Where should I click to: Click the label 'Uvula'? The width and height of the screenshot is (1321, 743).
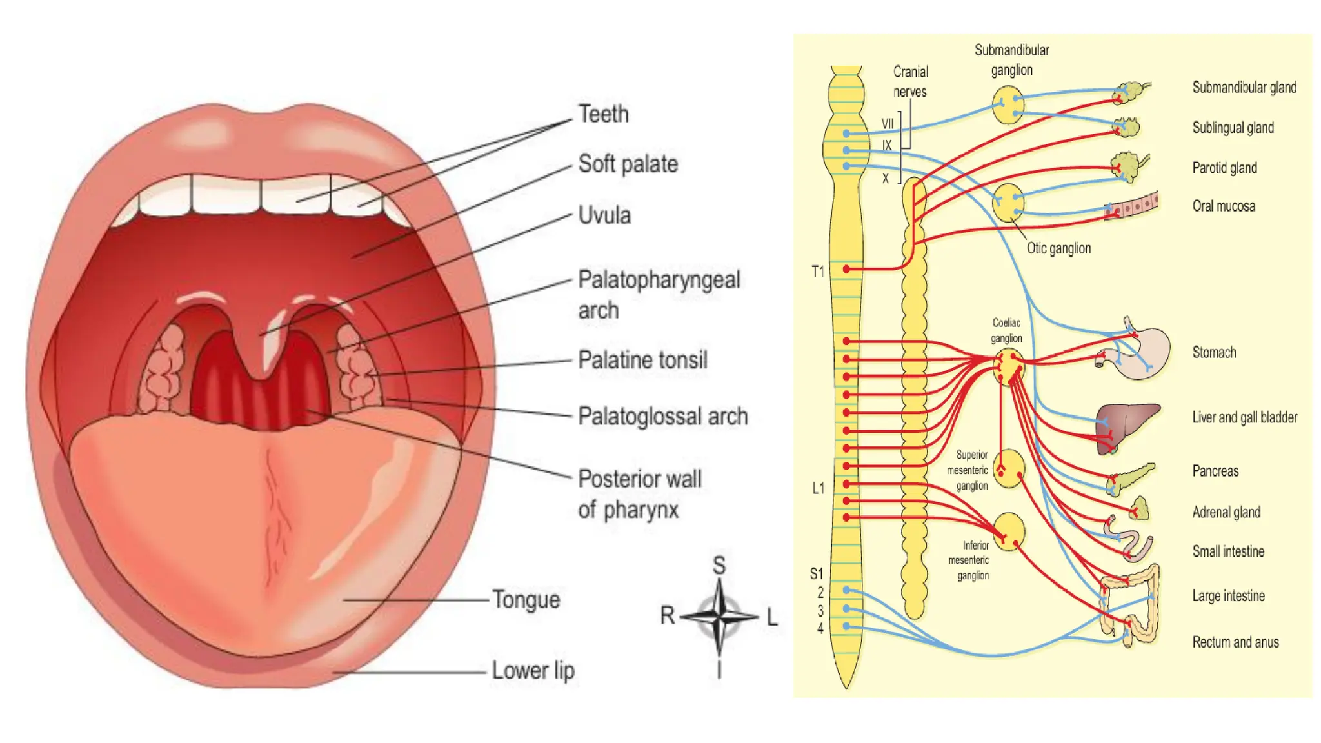pyautogui.click(x=604, y=215)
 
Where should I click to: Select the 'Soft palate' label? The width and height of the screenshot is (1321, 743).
pyautogui.click(x=628, y=164)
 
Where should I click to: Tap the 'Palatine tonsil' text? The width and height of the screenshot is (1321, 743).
pyautogui.click(x=642, y=360)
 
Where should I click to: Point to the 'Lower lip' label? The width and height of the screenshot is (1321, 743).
pyautogui.click(x=533, y=671)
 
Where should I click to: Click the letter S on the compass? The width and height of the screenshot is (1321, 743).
pyautogui.click(x=719, y=566)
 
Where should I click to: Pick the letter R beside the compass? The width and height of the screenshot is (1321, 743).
pyautogui.click(x=667, y=615)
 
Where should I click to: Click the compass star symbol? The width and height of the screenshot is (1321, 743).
pyautogui.click(x=719, y=617)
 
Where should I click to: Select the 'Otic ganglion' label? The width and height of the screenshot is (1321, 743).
pyautogui.click(x=1058, y=248)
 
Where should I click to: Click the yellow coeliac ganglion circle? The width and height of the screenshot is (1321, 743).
pyautogui.click(x=1008, y=367)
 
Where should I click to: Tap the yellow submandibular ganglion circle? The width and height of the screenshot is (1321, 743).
pyautogui.click(x=1008, y=105)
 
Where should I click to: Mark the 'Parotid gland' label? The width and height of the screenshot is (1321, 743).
pyautogui.click(x=1224, y=168)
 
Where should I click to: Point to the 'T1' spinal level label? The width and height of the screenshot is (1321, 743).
pyautogui.click(x=818, y=272)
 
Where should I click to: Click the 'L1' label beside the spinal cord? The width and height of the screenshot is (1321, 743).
pyautogui.click(x=818, y=488)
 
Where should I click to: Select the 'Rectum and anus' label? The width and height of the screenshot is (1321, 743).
pyautogui.click(x=1235, y=642)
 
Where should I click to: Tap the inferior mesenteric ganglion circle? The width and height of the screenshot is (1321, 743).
pyautogui.click(x=1009, y=531)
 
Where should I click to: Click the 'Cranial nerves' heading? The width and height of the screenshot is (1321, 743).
pyautogui.click(x=910, y=82)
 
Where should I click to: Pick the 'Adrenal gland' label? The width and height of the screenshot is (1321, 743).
pyautogui.click(x=1226, y=512)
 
